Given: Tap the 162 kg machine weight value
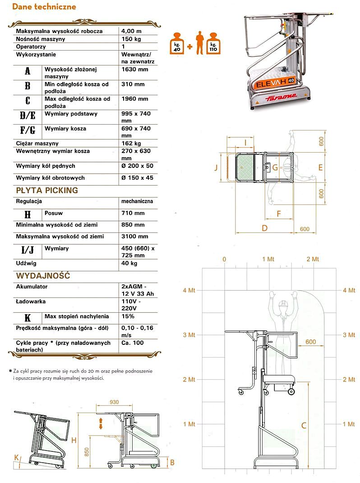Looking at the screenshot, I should coord(131,144).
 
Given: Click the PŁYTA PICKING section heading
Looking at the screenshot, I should coord(47,190).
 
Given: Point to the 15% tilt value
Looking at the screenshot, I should coord(128,316).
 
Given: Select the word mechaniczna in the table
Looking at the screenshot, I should coord(137,201).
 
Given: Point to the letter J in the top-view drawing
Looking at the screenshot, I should coord(216,167).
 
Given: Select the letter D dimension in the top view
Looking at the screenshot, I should coord(264,228).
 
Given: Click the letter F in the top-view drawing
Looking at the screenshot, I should coord(278,213).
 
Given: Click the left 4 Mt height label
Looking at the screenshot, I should coord(189,290).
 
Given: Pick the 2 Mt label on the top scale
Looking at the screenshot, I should coord(313,259).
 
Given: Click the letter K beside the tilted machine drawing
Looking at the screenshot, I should coord(17,457).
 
